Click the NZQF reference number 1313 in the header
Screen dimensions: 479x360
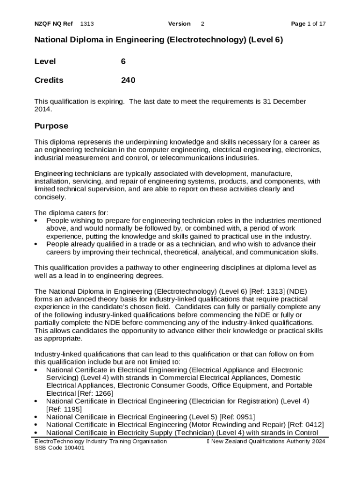coord(87,24)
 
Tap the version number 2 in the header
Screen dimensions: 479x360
coord(202,24)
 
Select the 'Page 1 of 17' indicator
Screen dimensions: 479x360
coord(308,24)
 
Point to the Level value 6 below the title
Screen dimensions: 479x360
coord(123,61)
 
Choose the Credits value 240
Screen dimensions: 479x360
coord(128,80)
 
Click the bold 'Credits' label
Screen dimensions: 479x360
coord(49,80)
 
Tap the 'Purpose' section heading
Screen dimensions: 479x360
coord(51,126)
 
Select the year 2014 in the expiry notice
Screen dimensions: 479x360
coord(43,109)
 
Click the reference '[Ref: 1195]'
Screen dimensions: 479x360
coord(63,409)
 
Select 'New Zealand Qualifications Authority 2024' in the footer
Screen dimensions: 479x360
coord(268,442)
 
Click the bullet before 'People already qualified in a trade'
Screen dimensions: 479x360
coord(37,244)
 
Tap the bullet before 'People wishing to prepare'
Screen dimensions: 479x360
coord(37,220)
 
